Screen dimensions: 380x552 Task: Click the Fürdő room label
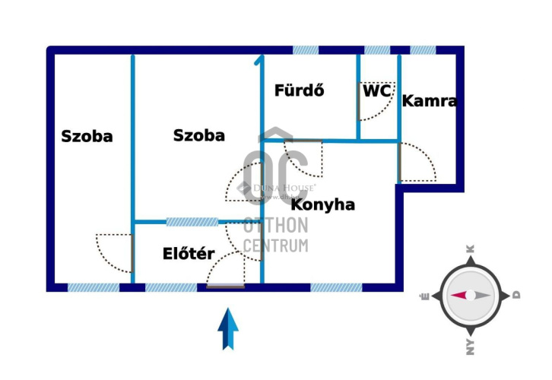click(x=300, y=90)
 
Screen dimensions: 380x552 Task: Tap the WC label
click(x=377, y=90)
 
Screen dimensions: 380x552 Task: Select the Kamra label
click(x=430, y=100)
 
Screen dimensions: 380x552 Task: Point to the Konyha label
click(x=323, y=204)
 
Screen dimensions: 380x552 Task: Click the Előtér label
click(x=189, y=254)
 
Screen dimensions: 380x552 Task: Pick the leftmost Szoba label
click(x=87, y=137)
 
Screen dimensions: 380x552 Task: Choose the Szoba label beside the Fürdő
click(x=199, y=135)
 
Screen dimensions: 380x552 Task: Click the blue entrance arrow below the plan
click(x=228, y=328)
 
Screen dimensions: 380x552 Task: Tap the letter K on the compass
click(x=470, y=249)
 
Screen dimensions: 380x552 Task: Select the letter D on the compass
click(x=516, y=295)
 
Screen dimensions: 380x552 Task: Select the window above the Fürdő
click(x=306, y=50)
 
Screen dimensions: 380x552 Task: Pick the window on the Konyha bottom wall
click(x=336, y=287)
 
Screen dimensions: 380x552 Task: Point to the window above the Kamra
click(x=423, y=50)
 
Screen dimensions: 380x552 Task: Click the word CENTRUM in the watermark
click(x=276, y=245)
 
